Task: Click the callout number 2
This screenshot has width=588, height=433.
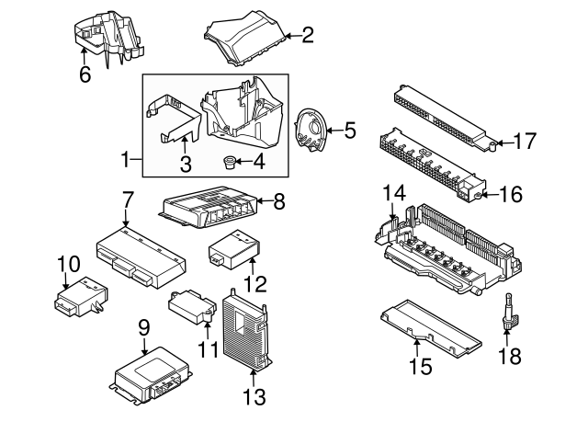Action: [308, 36]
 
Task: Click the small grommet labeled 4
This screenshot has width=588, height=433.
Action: [228, 164]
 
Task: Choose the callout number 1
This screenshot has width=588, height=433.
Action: [127, 160]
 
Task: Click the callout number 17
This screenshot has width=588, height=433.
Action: [524, 142]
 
